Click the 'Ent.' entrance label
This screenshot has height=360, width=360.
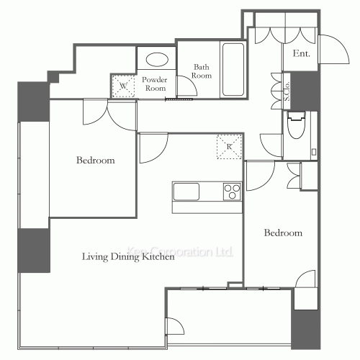point(300,54)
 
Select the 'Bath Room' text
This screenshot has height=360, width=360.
point(202,71)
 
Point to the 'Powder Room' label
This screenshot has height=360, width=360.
point(154,84)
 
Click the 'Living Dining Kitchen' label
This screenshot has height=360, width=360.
point(127,256)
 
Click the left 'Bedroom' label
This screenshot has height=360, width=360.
point(96,161)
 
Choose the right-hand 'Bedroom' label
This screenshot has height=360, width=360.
point(282,233)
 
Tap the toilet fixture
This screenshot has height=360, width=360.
point(296,126)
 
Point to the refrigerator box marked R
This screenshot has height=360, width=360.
point(229,147)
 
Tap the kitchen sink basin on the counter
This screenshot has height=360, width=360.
point(186,192)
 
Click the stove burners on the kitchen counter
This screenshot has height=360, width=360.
point(232,192)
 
